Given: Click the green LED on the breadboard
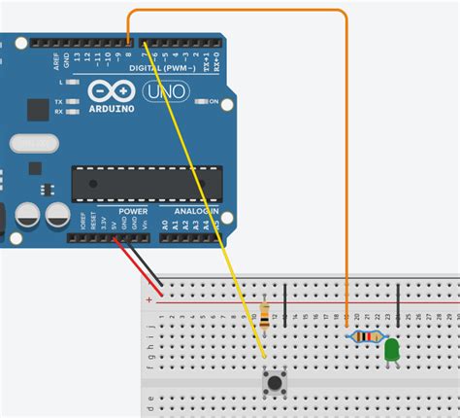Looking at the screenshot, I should [392, 350].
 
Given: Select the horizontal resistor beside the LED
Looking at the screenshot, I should [364, 336].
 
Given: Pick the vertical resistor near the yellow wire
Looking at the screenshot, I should [266, 313].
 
